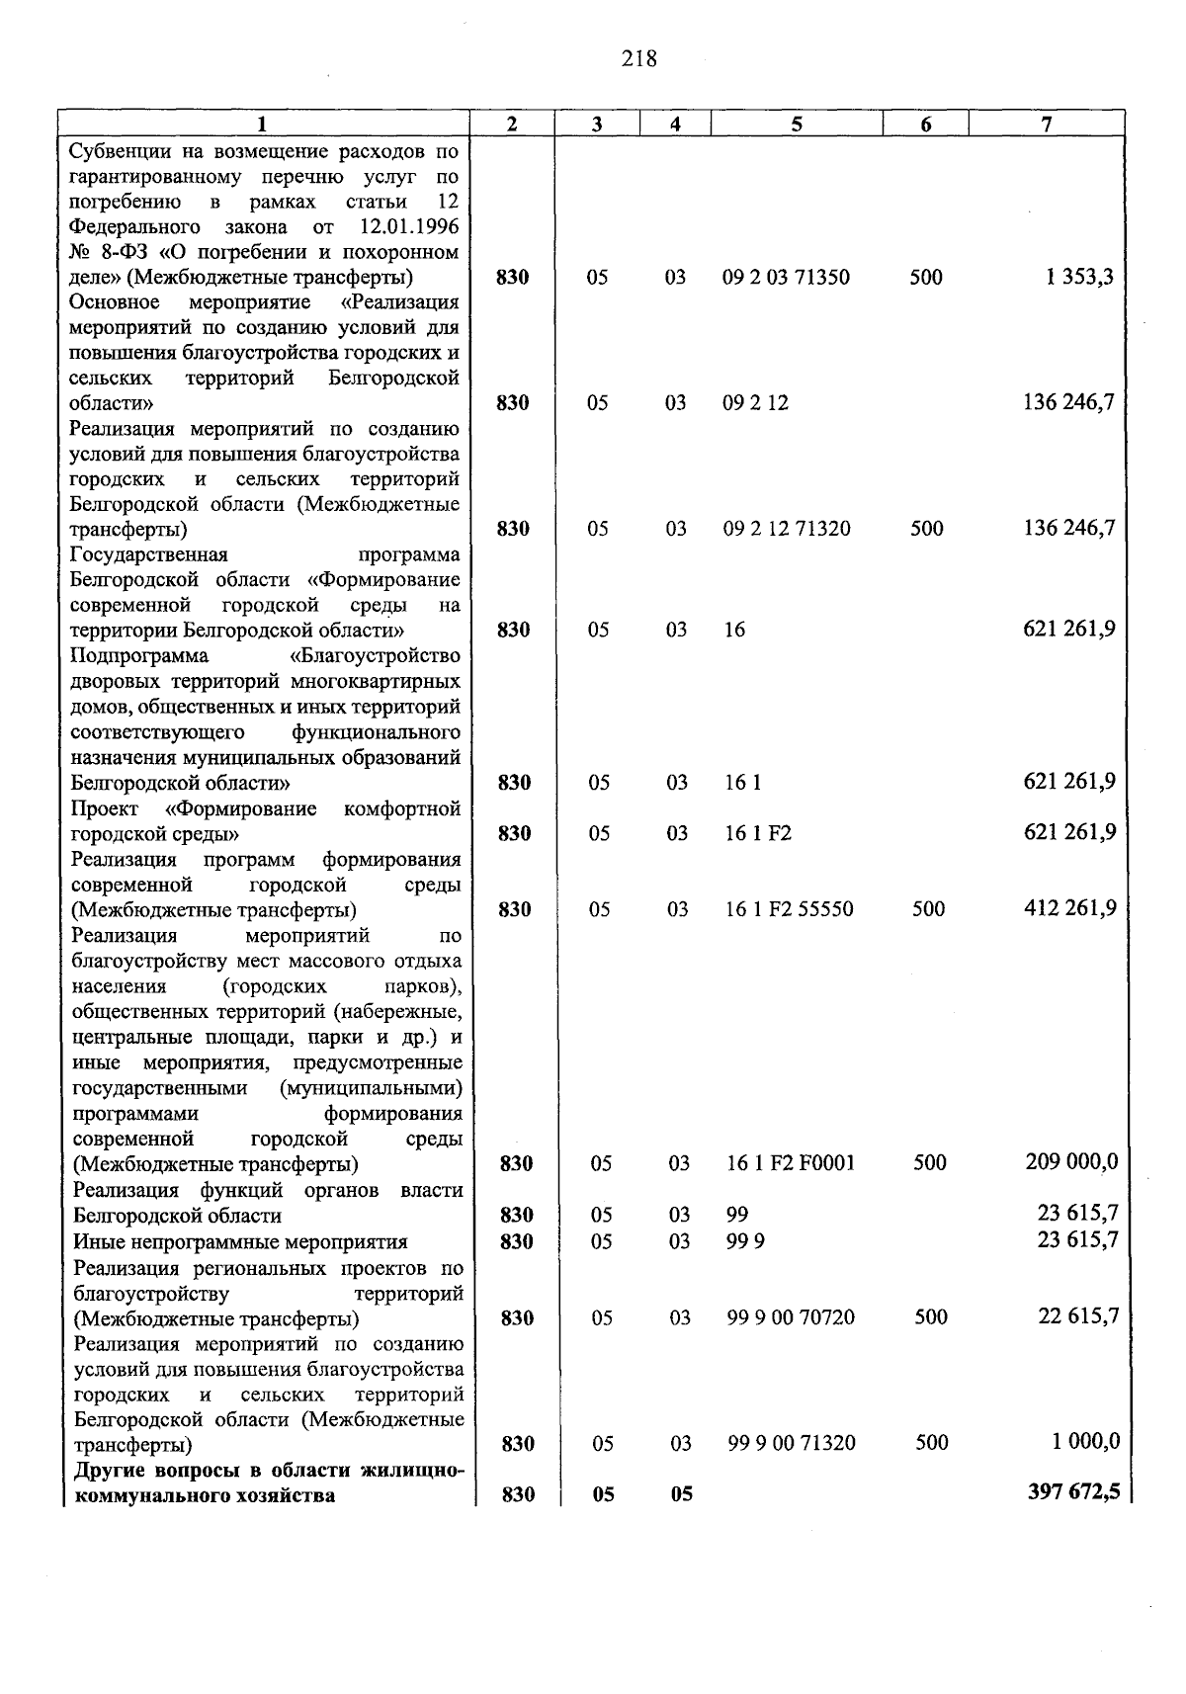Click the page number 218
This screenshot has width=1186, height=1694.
(x=639, y=59)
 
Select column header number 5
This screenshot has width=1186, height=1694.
(x=796, y=124)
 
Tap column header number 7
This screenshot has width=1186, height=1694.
(x=1046, y=124)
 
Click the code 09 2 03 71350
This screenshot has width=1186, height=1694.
(x=786, y=278)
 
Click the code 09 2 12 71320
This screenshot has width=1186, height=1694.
(x=786, y=529)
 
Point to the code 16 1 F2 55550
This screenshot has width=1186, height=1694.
(x=789, y=909)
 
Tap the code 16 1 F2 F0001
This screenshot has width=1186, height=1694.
(x=790, y=1163)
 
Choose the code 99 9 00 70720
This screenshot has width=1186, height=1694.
(x=791, y=1317)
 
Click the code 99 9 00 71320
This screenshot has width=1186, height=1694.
(x=792, y=1443)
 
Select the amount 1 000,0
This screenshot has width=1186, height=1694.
(x=1085, y=1442)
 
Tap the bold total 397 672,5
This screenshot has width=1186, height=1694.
(x=1074, y=1492)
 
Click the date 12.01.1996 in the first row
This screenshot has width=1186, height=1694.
(x=407, y=227)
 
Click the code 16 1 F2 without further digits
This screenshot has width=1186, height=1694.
(x=758, y=833)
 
